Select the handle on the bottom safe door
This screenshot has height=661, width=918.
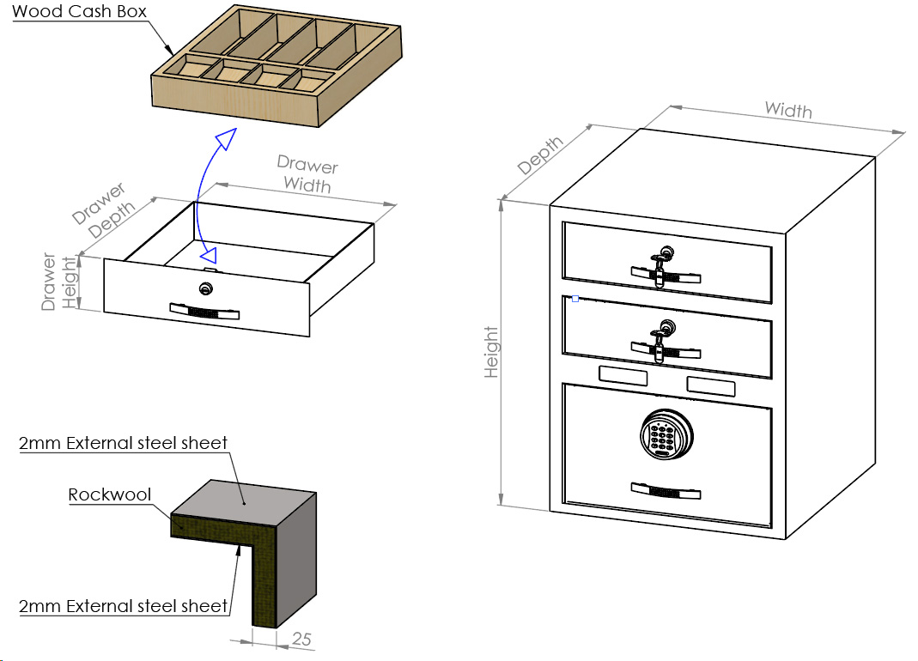tap(666, 490)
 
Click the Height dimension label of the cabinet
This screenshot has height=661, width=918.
tap(491, 352)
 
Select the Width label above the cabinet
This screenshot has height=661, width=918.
tap(788, 109)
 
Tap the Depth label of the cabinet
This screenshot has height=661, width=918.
tap(541, 155)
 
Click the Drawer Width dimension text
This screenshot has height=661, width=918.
tap(307, 174)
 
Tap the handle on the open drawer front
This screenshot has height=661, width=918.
tap(204, 311)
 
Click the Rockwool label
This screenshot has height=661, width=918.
tap(110, 494)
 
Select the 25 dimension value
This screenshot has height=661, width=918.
tap(301, 639)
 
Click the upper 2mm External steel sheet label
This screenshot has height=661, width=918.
tap(124, 443)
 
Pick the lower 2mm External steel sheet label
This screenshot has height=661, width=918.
tap(124, 605)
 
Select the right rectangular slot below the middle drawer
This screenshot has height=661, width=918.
tap(711, 385)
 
